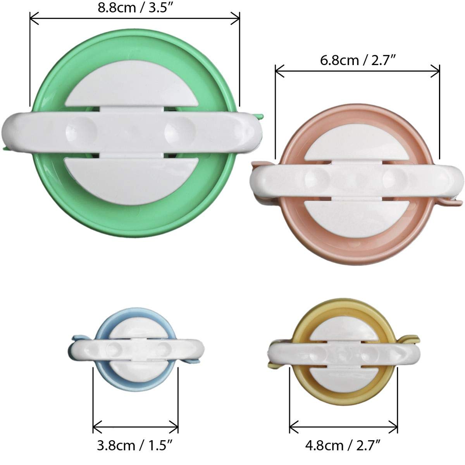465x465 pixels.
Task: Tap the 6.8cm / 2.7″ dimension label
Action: click(358, 60)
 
